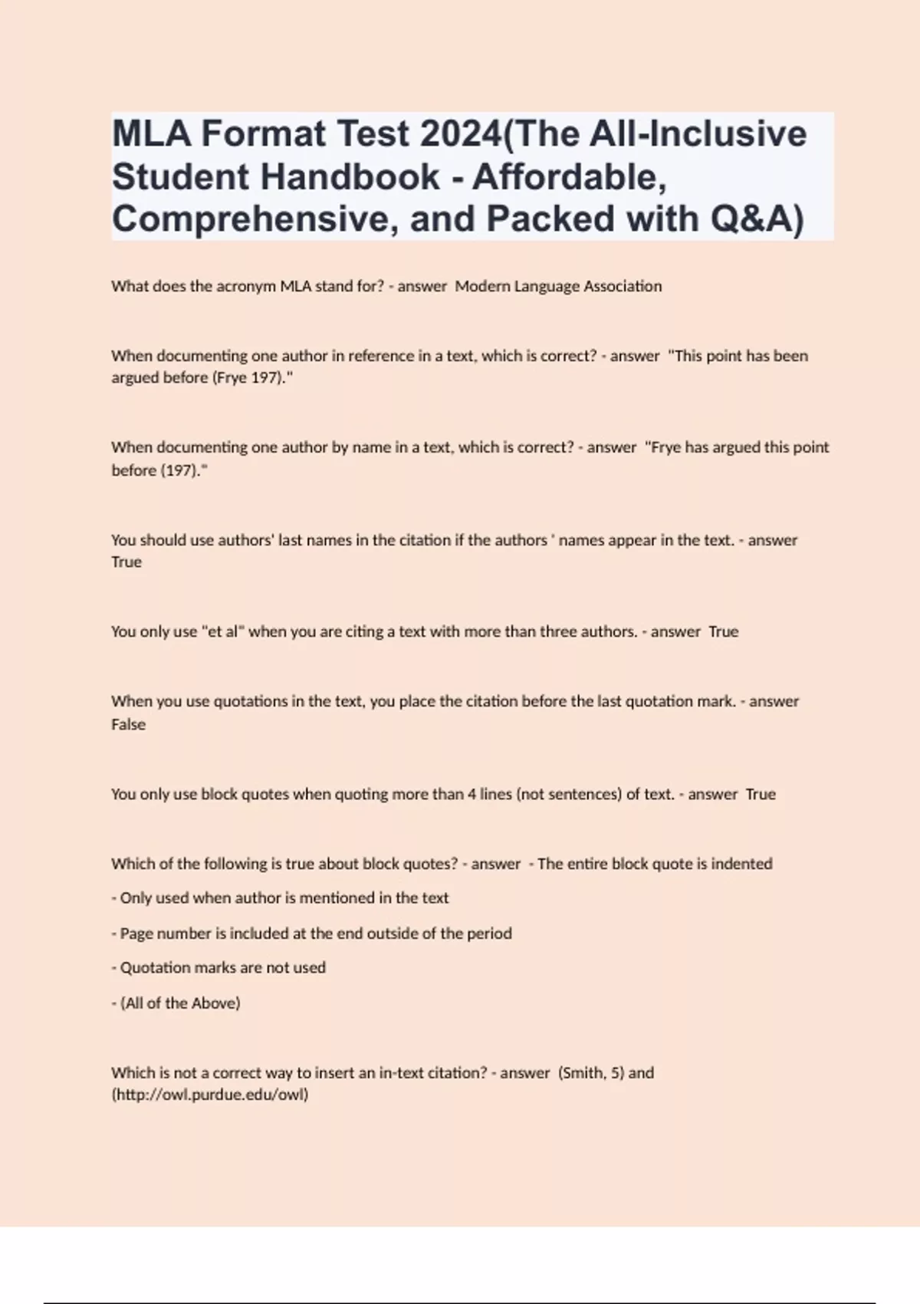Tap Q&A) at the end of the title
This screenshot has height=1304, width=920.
tap(757, 219)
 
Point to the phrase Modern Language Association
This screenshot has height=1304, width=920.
tap(558, 286)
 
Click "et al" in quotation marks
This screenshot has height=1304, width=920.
tap(222, 632)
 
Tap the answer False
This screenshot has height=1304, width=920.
tap(128, 724)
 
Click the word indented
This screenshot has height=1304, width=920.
tap(741, 864)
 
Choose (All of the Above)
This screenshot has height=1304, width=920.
tap(180, 1003)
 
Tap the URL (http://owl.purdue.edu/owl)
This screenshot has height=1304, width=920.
tap(210, 1095)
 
